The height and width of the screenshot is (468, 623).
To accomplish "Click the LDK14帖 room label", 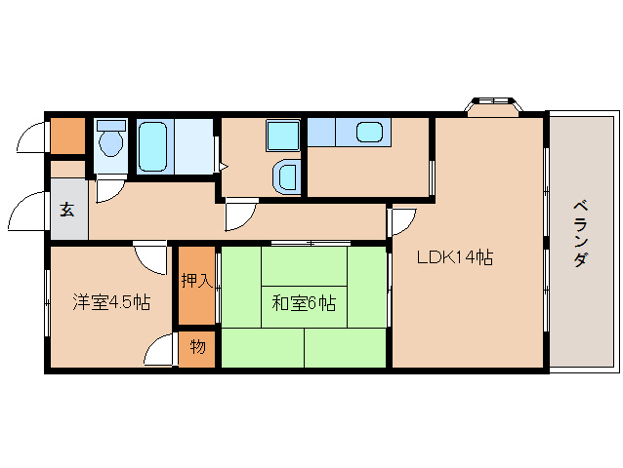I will [x=454, y=258].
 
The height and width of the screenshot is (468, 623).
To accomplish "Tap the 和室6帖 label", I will [x=303, y=303].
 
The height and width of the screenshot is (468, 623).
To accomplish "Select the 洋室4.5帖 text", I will [x=110, y=302].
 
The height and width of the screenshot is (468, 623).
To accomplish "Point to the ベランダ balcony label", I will [x=580, y=233].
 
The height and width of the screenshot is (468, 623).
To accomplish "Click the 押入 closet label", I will [x=196, y=282].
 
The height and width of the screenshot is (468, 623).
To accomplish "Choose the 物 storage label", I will [x=197, y=347].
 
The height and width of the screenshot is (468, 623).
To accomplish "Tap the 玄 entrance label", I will [x=67, y=208].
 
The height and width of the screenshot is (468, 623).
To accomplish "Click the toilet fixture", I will [x=111, y=141].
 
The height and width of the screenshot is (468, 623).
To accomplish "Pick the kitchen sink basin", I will [x=369, y=132].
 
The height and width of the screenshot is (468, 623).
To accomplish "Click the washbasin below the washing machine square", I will [x=287, y=176].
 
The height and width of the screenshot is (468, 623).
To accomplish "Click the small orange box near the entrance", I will [x=67, y=136].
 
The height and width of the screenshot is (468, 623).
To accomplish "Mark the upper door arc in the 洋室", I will [x=151, y=257].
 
